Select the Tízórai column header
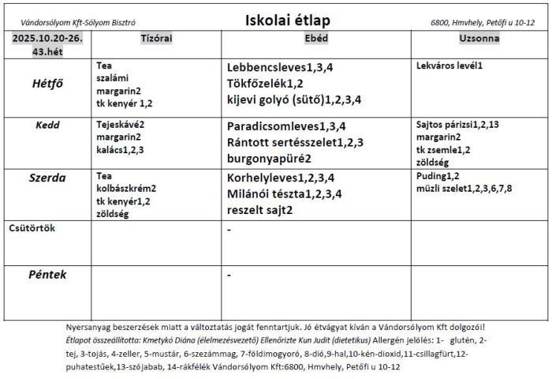(x=156, y=38)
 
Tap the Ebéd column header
(x=315, y=38)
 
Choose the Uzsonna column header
(x=479, y=38)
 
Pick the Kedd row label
(x=48, y=125)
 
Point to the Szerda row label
(x=49, y=178)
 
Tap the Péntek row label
(x=47, y=275)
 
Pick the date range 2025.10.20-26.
(x=48, y=38)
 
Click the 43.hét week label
(x=47, y=51)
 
